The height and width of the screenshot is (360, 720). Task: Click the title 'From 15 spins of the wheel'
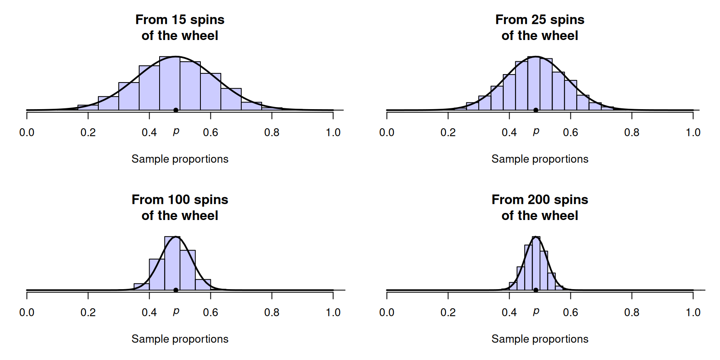[x=180, y=27]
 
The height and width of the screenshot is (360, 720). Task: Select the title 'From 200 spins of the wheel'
[x=540, y=207]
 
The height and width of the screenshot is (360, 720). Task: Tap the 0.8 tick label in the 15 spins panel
[x=272, y=132]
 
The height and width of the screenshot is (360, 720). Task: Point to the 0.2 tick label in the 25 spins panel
[x=448, y=132]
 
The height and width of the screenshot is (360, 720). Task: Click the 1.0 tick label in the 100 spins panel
[x=333, y=312]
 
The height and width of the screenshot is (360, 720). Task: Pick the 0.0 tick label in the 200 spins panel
[x=387, y=312]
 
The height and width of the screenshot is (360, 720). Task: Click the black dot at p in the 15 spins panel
[x=176, y=110]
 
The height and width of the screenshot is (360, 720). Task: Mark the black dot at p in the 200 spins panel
[x=536, y=290]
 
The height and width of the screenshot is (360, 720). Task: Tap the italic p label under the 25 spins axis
[x=536, y=132]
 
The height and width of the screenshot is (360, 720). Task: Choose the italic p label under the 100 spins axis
[x=176, y=312]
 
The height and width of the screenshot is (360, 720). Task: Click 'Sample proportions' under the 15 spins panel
[x=180, y=159]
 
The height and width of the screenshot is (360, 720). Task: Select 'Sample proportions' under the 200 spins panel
[x=540, y=339]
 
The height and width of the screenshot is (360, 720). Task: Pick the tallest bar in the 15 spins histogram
[x=170, y=83]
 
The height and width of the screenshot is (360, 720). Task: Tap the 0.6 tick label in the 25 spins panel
[x=570, y=132]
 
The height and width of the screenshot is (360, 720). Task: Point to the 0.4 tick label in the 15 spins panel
[x=149, y=132]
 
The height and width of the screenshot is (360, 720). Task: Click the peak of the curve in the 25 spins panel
[x=536, y=57]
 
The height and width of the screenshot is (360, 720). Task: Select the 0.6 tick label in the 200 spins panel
[x=570, y=312]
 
